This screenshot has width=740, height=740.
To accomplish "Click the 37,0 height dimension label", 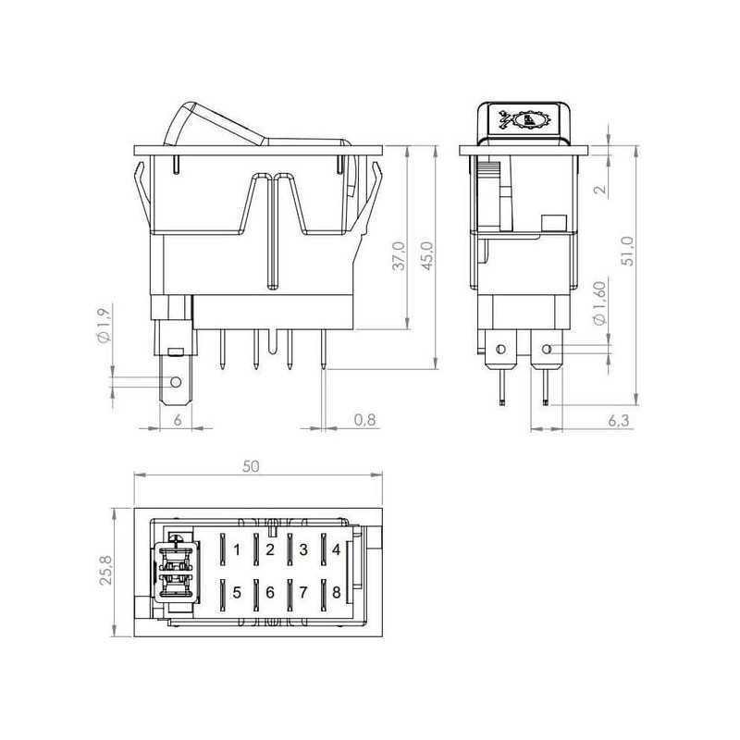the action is pos(400,256).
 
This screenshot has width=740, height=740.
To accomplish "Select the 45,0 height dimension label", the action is pos(427,256).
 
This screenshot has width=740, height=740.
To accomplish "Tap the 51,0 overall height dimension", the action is pos(628,252).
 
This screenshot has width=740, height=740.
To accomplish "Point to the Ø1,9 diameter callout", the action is pos(105,325).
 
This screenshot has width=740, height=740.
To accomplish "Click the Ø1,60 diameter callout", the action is pos(599,304).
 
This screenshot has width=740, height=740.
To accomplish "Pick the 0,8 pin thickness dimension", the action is pos(364,419).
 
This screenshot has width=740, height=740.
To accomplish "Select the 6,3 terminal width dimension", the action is pos(618,420).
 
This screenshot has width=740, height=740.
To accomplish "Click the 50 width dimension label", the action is pos(251,466).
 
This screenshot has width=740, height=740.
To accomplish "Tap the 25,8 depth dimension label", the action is pos(106,570).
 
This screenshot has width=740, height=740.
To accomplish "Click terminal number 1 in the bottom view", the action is pos(237,549).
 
